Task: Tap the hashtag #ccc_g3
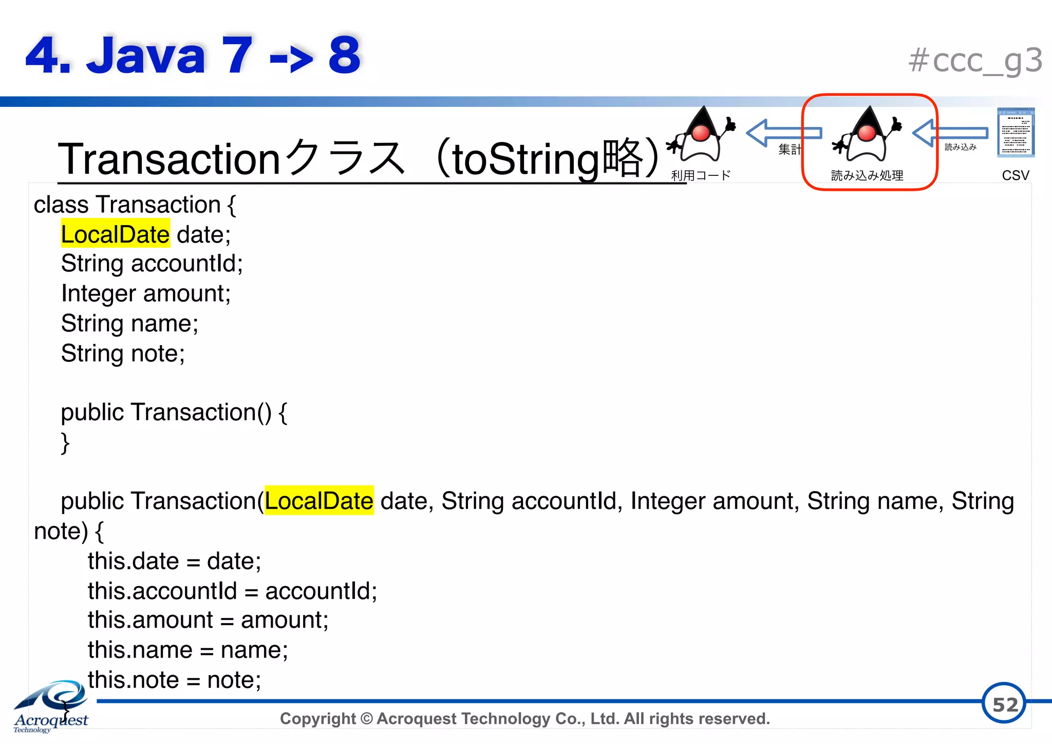(x=975, y=61)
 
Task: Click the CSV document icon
(x=1016, y=132)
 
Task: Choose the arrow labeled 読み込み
(x=950, y=133)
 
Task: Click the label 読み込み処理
(x=867, y=176)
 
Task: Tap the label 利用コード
(x=701, y=176)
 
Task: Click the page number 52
(x=1004, y=704)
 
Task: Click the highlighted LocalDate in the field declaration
(x=115, y=234)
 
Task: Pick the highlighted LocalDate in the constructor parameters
(x=319, y=501)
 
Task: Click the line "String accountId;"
(x=152, y=264)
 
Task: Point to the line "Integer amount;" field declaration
(x=146, y=294)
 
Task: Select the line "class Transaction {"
(x=135, y=205)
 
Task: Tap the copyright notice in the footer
(x=524, y=719)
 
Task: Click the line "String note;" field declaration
(x=123, y=354)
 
